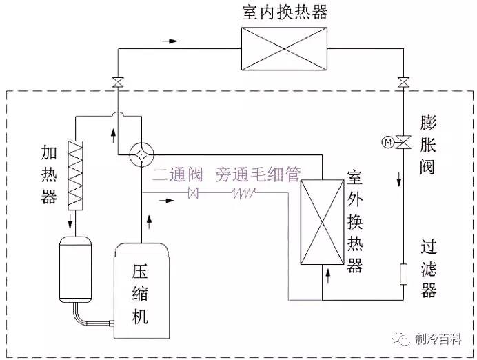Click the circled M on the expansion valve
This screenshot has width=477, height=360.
point(387,143)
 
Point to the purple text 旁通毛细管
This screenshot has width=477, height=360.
point(257,174)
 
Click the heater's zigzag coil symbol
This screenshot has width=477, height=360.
point(74,176)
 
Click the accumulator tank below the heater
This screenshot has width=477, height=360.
point(75,269)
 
